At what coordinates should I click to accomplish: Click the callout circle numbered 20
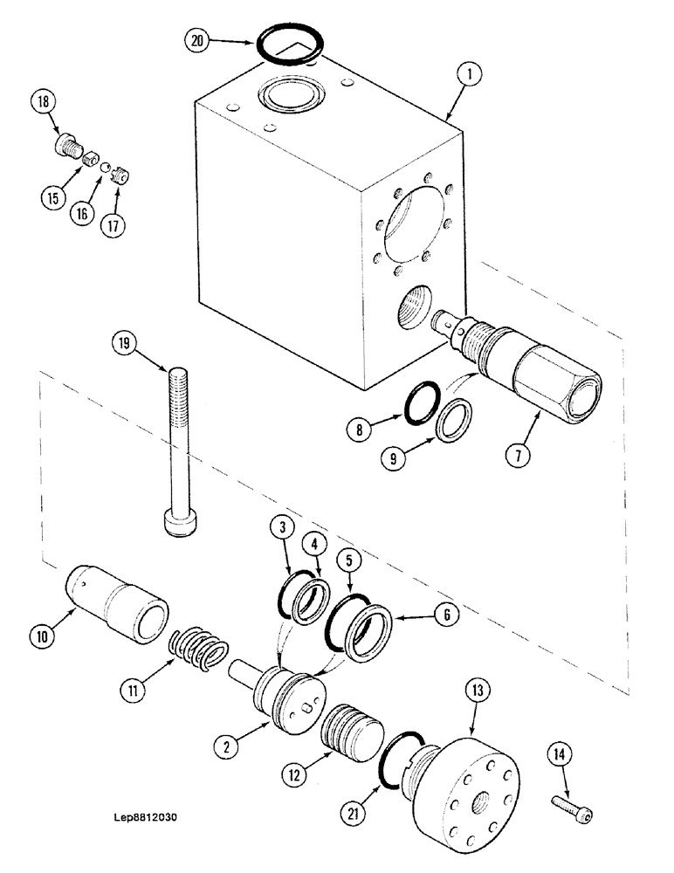point(198,41)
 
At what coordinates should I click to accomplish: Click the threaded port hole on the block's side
point(411,310)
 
